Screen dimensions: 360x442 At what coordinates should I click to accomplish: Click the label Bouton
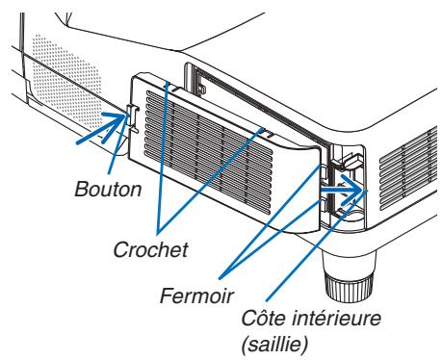pyautogui.click(x=108, y=189)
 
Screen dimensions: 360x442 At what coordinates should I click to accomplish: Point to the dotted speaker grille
pyautogui.click(x=39, y=76)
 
